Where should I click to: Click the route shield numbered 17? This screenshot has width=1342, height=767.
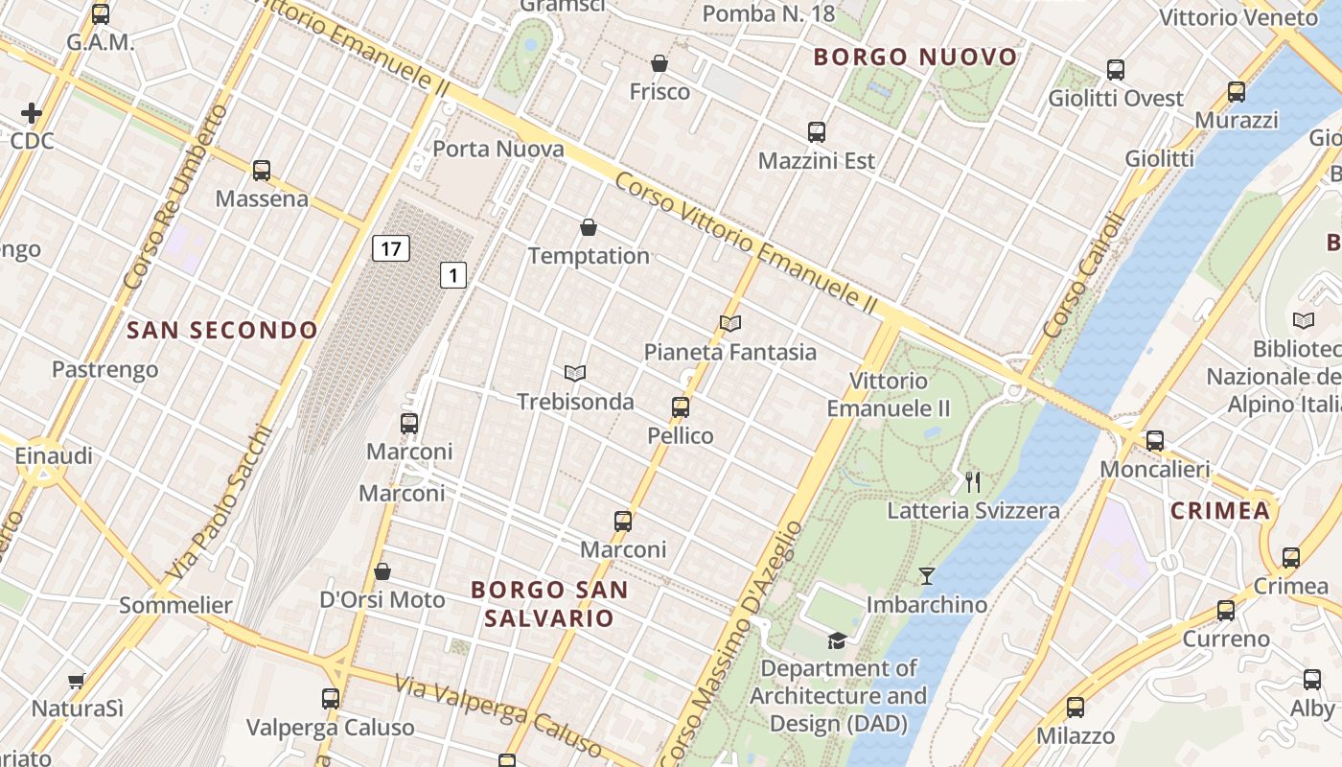[390, 249]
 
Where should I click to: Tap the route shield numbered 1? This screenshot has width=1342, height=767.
[452, 276]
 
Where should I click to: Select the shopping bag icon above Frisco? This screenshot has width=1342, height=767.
[659, 64]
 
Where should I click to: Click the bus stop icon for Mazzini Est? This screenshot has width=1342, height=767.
[817, 132]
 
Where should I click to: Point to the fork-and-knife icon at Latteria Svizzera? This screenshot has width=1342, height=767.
[973, 481]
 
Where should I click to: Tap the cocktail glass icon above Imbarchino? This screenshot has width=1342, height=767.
[926, 576]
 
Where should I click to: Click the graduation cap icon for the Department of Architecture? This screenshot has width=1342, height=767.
[838, 639]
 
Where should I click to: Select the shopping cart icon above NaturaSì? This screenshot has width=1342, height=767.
[77, 682]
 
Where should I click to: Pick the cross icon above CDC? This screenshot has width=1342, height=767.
[32, 113]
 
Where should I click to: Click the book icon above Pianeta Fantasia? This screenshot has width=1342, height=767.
[730, 324]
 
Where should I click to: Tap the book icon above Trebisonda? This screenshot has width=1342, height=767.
[575, 373]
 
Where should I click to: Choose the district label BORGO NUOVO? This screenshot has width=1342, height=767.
[915, 58]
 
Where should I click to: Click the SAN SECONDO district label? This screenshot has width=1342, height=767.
[222, 331]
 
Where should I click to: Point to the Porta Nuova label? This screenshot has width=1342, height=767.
[498, 149]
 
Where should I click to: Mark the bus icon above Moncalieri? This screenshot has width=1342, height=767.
[1155, 441]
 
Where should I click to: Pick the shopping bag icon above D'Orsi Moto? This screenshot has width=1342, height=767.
[382, 571]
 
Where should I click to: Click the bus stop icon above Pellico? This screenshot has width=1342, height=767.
[681, 407]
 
